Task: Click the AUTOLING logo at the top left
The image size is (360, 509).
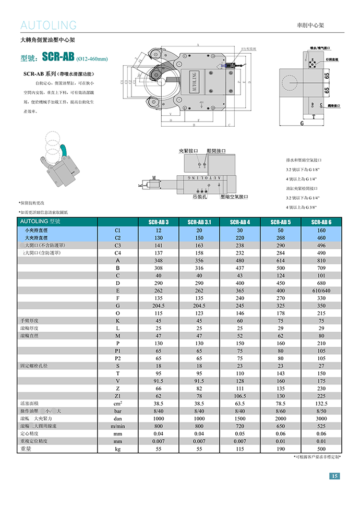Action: click(49, 25)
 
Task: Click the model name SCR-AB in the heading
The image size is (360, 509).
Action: click(58, 56)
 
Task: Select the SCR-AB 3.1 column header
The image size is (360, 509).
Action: click(199, 222)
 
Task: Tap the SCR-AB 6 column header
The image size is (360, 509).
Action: click(321, 222)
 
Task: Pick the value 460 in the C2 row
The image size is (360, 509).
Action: click(321, 237)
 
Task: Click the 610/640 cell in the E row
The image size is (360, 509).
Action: click(321, 290)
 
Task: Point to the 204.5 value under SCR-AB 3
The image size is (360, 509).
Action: click(158, 306)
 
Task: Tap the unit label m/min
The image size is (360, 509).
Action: click(117, 426)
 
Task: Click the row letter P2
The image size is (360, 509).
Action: click(117, 358)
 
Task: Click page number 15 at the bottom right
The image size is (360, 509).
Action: click(334, 476)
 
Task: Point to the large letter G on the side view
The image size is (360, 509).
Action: click(302, 124)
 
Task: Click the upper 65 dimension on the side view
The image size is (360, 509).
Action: click(327, 76)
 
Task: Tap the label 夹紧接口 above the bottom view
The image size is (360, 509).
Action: click(188, 151)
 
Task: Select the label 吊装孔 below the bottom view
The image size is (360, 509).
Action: click(199, 198)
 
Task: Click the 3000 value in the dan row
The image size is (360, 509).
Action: click(321, 418)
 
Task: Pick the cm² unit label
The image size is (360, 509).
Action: click(117, 403)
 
